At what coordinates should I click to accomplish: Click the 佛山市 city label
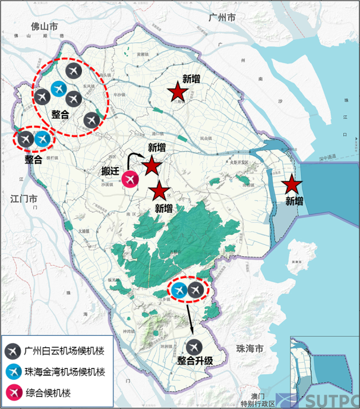(45, 27)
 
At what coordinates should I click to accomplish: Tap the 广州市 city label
(222, 18)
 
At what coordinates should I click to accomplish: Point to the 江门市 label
(25, 198)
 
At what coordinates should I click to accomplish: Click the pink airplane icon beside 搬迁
(130, 180)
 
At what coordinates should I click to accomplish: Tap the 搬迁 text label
(111, 172)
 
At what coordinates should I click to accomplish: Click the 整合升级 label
(195, 361)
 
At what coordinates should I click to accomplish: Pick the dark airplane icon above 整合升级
(194, 346)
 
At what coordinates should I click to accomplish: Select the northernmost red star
(177, 92)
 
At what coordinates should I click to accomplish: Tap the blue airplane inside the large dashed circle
(58, 89)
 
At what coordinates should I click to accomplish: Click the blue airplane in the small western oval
(43, 139)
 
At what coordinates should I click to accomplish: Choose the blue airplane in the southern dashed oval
(179, 290)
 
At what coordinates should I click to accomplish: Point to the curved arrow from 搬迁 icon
(137, 159)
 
